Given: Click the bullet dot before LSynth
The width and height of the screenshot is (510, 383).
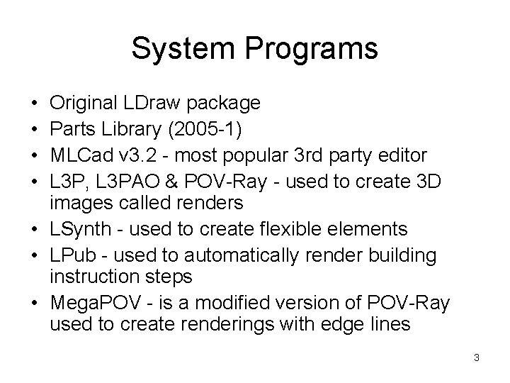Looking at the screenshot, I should (35, 229).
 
